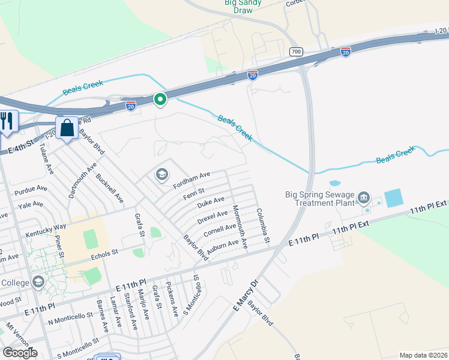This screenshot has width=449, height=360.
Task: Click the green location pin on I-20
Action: [160, 99]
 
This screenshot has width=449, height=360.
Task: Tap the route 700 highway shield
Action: [295, 52]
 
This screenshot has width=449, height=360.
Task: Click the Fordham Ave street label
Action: [192, 178]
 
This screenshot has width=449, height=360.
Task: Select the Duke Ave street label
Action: [211, 203]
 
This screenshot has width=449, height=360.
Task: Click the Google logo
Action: [20, 352]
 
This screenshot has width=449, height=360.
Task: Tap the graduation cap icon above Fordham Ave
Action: [161, 175]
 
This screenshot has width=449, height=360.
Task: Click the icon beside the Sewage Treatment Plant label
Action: [363, 197]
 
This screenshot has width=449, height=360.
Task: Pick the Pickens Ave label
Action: [172, 299]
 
